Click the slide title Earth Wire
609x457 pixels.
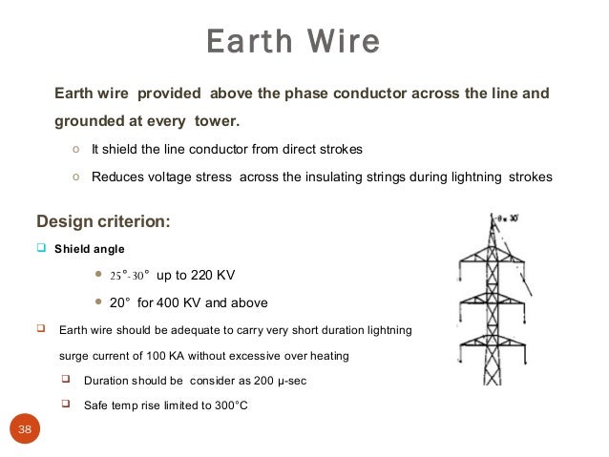click(x=293, y=42)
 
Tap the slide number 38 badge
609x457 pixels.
click(x=25, y=429)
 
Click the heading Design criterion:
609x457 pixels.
click(x=103, y=221)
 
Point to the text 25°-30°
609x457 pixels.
click(x=127, y=276)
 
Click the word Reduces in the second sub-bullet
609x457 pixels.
click(x=115, y=177)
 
